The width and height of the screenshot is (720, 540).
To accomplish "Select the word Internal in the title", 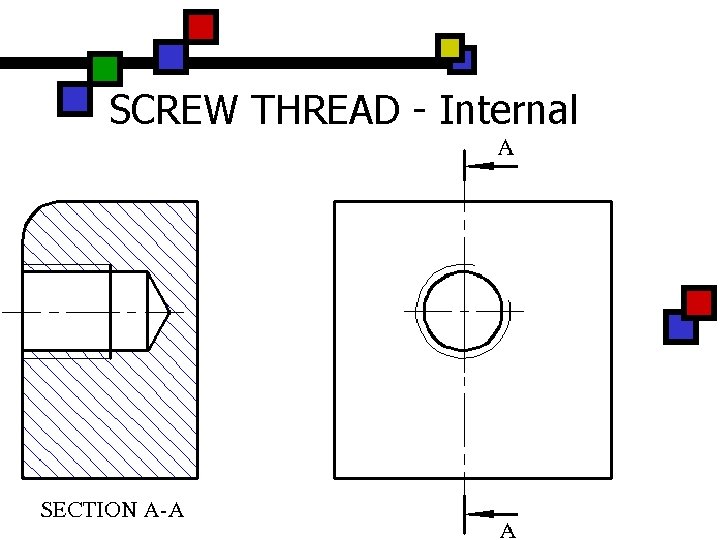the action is pos(508,110).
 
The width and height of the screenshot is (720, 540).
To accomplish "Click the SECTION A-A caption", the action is pos(112,510).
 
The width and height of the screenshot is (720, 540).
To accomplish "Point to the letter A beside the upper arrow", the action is pos(506,149).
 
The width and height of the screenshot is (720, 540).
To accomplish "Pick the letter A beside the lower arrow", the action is pos(507,531).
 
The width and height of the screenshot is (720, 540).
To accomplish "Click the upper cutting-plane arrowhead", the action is pos(479,166).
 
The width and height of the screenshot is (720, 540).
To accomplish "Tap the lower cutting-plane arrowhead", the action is pos(479,514).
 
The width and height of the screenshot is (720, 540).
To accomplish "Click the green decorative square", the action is pos(104,69).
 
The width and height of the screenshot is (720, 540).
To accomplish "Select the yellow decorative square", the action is pos(450,47).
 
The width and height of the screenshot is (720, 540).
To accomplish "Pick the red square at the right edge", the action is pos(699,302).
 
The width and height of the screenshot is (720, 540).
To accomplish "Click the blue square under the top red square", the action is pos(171,56).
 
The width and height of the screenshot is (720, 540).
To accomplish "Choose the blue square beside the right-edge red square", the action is pos(679,327).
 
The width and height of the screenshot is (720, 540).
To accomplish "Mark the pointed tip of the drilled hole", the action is pos(169,312).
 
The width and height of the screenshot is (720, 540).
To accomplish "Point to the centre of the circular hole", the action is pos(463,311).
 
